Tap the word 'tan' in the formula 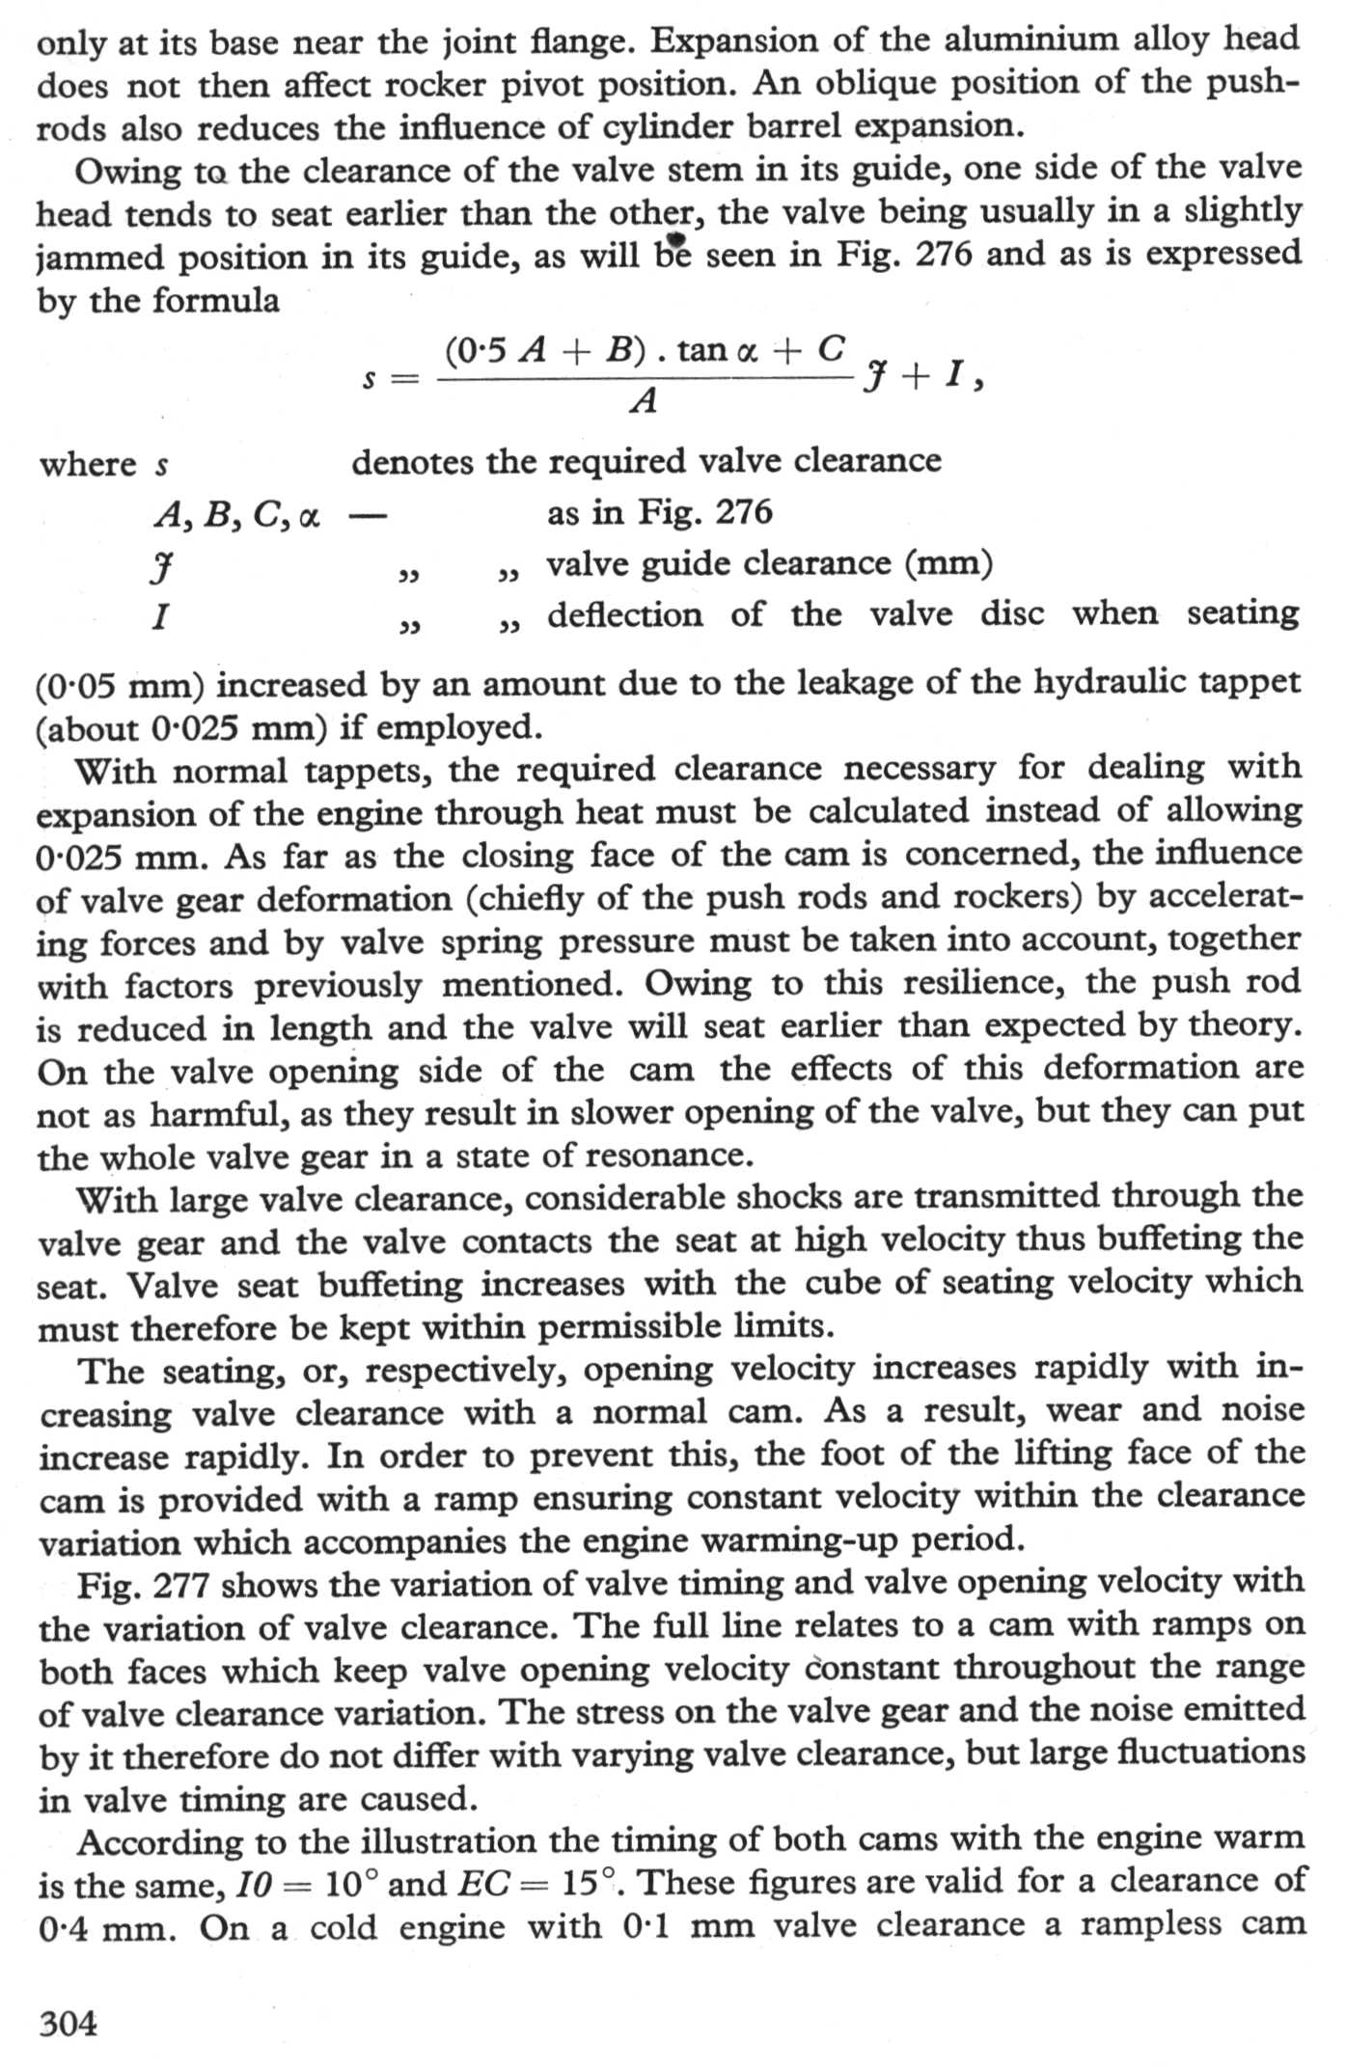(x=702, y=349)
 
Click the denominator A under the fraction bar (x=644, y=399)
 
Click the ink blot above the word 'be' (x=675, y=238)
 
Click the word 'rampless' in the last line (x=1148, y=1924)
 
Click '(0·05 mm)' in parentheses (x=120, y=686)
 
